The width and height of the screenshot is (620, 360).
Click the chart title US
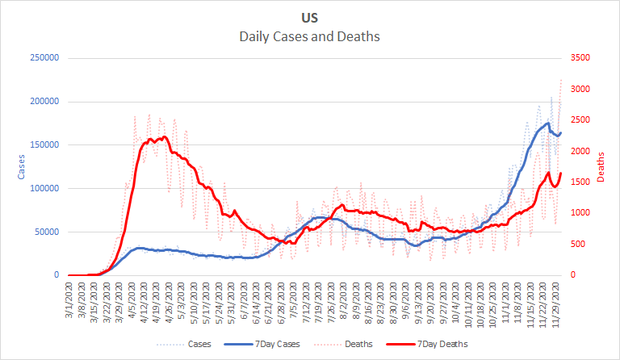pos(310,17)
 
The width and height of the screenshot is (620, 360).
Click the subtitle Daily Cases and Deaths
pos(310,36)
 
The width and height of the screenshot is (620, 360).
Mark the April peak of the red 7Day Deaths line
pos(164,136)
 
